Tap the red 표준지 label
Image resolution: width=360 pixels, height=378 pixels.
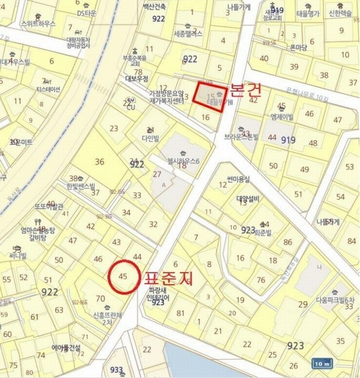point(168,277)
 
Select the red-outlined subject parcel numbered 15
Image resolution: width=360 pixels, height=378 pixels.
point(209,96)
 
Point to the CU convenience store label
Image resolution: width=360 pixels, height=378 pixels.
point(131,106)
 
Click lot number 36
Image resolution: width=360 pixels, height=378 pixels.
point(99,161)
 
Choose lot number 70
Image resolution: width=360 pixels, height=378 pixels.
point(100,299)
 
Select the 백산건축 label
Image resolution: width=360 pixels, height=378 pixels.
point(154,6)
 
